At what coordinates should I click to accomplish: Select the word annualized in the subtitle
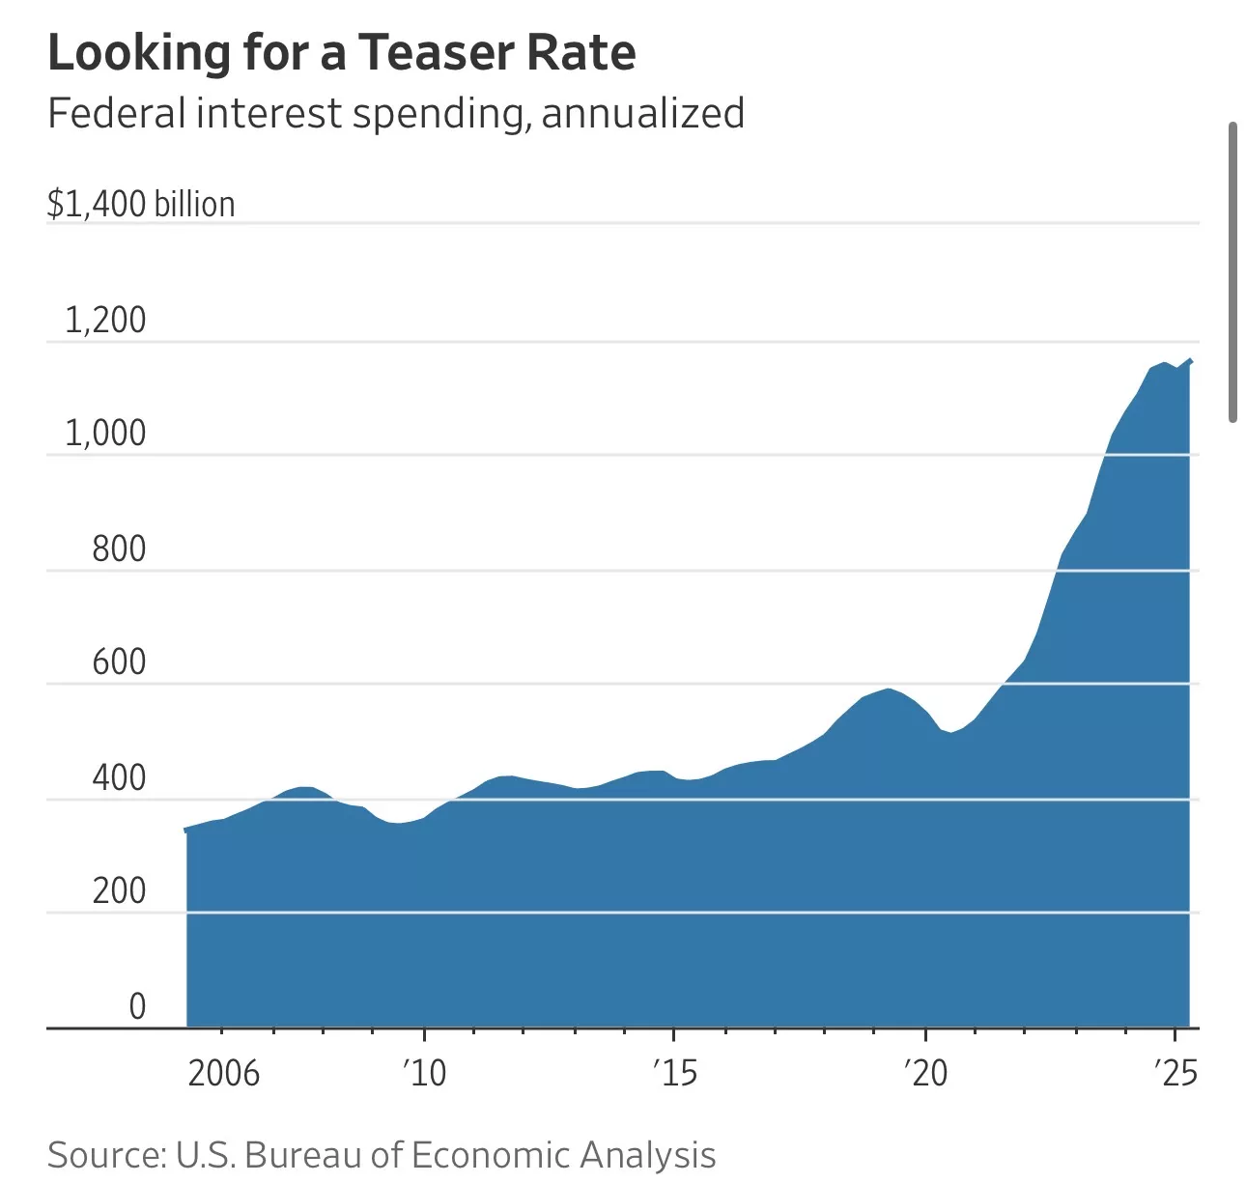tap(642, 114)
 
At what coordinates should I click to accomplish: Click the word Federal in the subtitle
tap(116, 114)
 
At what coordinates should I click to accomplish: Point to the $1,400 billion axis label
tap(141, 205)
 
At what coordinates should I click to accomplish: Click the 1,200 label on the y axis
tap(105, 321)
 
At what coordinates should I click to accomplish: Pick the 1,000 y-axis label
tap(105, 434)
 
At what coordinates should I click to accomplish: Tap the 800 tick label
tap(119, 549)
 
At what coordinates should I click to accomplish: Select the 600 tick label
tap(119, 662)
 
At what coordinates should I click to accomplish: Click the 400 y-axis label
tap(119, 777)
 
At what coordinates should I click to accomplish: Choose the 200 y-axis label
tap(119, 890)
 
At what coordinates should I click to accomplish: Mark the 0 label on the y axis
tap(137, 1006)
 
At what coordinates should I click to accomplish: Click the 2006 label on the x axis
tap(224, 1073)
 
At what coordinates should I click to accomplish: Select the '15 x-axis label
tap(674, 1073)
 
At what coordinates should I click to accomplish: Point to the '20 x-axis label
tap(925, 1073)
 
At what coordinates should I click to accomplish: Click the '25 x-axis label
tap(1175, 1073)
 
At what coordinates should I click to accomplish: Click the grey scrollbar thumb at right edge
tap(1232, 272)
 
